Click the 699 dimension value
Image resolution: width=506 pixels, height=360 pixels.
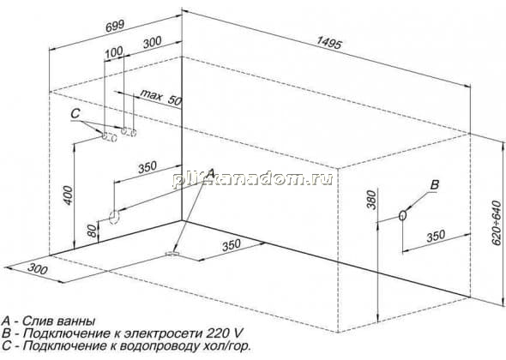115,26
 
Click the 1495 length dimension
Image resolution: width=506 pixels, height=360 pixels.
328,42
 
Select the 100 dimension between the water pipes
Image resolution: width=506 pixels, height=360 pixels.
114,52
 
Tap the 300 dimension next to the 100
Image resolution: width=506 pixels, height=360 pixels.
152,42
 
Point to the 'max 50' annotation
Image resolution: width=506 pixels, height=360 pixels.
161,98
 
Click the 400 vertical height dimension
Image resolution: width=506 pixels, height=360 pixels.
68,195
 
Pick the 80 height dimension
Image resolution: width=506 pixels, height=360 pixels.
93,231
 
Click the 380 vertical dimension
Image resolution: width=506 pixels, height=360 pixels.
371,200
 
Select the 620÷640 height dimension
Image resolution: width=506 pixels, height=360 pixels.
497,222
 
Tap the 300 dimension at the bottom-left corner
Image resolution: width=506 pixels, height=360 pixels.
38,268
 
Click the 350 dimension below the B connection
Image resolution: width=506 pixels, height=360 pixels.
436,236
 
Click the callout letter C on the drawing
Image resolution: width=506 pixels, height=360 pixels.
75,113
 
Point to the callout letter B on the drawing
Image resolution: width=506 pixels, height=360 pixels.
435,185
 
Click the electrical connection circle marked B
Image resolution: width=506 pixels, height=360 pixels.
402,215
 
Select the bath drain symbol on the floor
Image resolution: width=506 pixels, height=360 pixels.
172,255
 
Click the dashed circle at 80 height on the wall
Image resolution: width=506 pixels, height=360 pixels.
114,218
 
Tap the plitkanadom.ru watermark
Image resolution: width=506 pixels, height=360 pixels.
252,178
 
